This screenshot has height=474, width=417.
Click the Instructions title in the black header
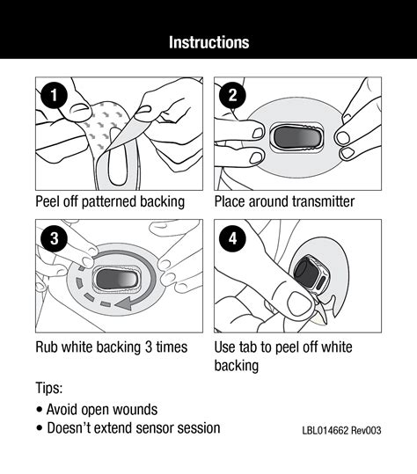point(208,42)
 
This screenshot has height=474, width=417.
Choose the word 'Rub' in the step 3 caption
point(48,346)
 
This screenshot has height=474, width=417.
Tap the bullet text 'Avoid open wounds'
point(101,409)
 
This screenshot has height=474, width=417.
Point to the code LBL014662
point(329,431)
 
